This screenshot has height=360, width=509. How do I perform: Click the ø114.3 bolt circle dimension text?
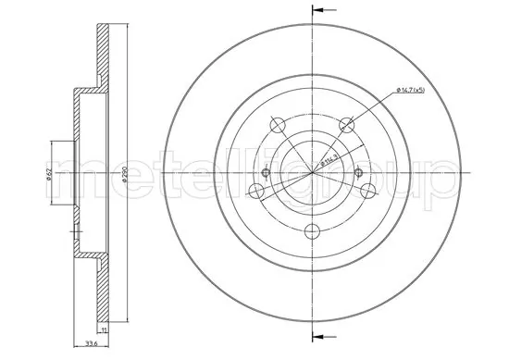tap(329, 158)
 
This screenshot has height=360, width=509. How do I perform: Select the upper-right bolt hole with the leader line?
tap(348, 123)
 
